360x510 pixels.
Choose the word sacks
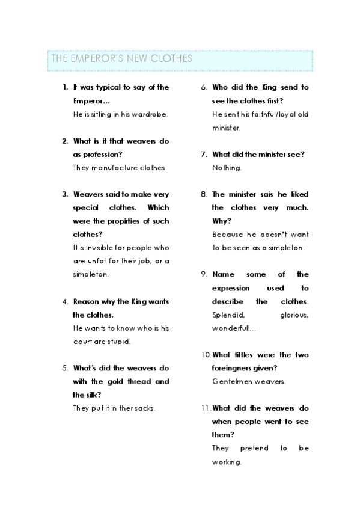click(x=145, y=408)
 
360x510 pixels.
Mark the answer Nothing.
click(x=227, y=168)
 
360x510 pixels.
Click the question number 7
click(x=204, y=155)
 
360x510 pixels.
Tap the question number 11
click(x=206, y=408)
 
